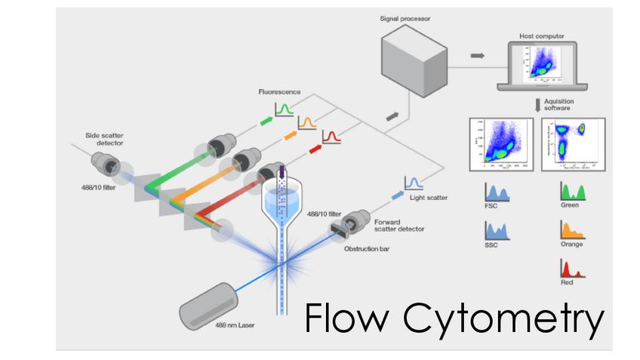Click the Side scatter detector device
pos(106,165)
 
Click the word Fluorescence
pos(279,92)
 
